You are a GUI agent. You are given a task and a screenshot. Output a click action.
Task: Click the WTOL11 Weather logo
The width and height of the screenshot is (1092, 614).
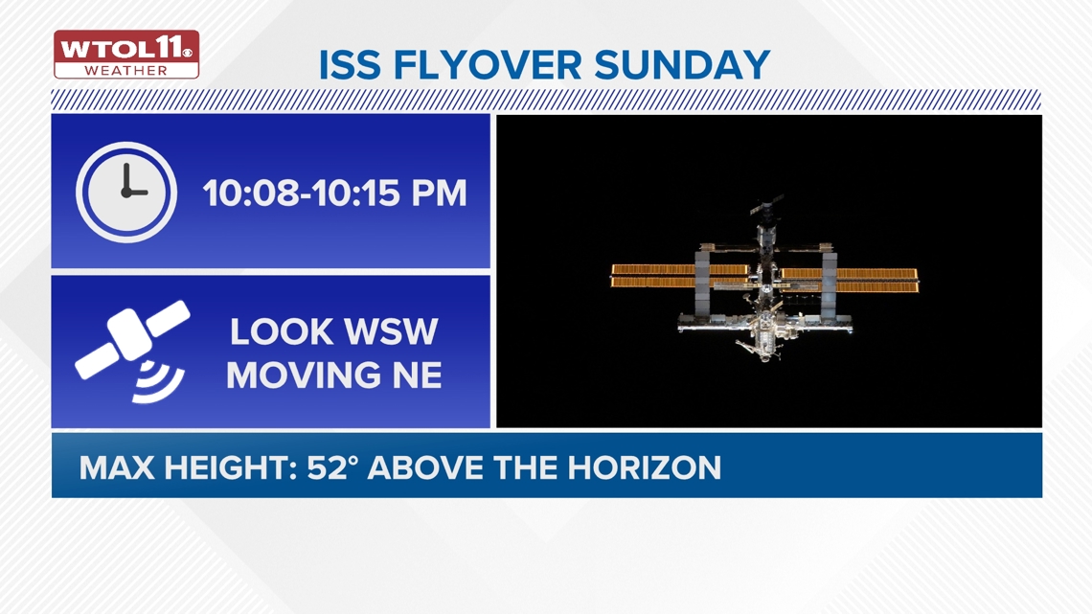(x=126, y=55)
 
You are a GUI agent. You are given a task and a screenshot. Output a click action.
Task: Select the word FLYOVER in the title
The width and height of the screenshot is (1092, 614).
(x=488, y=65)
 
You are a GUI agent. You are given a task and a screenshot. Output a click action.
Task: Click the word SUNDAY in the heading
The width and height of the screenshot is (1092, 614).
(x=683, y=65)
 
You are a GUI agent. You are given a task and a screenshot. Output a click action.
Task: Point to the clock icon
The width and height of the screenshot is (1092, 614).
(x=126, y=192)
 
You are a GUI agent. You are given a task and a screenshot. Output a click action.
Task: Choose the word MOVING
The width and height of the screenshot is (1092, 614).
(x=299, y=375)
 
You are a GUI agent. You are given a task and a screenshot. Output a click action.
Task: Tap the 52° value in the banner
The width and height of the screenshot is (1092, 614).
(x=332, y=467)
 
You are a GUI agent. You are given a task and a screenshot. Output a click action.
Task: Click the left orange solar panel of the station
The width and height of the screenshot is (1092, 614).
(x=654, y=276)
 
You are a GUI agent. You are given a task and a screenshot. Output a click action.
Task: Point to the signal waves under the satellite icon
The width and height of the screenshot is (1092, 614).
(x=159, y=381)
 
